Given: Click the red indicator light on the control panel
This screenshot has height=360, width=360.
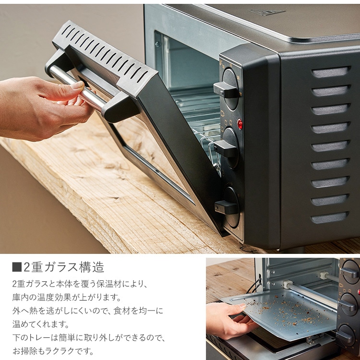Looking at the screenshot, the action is [240, 124].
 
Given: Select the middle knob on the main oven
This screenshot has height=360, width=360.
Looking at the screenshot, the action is [228, 147].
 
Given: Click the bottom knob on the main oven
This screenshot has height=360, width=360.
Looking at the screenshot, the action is [228, 206].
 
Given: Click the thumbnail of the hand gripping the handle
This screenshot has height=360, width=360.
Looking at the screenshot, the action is [78, 85].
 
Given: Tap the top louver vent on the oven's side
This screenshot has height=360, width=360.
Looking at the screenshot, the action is [331, 72].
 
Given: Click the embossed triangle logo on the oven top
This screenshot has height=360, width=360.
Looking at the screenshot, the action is [267, 12].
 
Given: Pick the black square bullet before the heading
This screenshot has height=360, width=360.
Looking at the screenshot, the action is [17, 267].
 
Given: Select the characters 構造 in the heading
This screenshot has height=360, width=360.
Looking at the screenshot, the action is [91, 267].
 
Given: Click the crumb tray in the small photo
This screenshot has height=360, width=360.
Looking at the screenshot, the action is [281, 315].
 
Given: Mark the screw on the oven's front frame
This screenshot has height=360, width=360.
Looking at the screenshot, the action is [157, 44].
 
